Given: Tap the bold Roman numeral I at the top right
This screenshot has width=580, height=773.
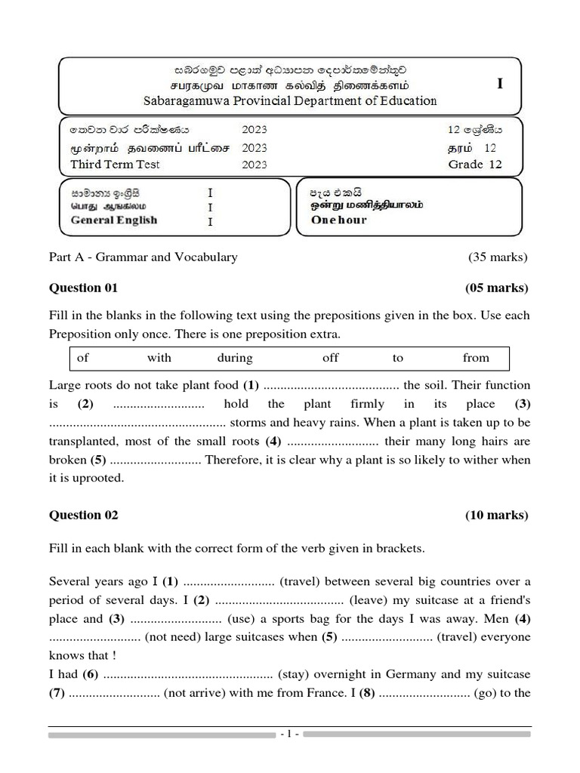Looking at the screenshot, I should [x=499, y=85].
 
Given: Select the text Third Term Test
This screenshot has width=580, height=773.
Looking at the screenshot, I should [x=115, y=165].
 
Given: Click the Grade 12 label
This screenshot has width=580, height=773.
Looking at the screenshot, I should [x=474, y=165].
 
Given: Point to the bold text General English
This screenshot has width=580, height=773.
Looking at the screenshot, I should [x=113, y=220].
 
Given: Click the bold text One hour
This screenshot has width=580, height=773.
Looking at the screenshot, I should [x=338, y=220].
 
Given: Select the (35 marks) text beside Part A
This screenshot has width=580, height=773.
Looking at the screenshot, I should [x=498, y=257].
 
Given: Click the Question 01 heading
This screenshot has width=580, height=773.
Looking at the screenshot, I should [x=84, y=288].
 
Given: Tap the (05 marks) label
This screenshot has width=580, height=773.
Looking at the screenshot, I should [x=497, y=288].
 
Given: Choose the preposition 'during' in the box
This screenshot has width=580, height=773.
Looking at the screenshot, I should [x=235, y=358].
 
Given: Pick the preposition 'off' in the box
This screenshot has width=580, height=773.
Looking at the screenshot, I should [x=330, y=358].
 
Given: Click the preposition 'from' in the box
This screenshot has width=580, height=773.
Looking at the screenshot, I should [x=476, y=358].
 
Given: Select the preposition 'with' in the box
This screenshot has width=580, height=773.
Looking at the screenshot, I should [x=159, y=358].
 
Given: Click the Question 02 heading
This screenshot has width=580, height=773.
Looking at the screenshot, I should [x=84, y=515].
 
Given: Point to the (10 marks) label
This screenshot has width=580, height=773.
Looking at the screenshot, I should [x=497, y=515].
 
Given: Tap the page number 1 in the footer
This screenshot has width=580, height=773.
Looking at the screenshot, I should [x=289, y=734].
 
